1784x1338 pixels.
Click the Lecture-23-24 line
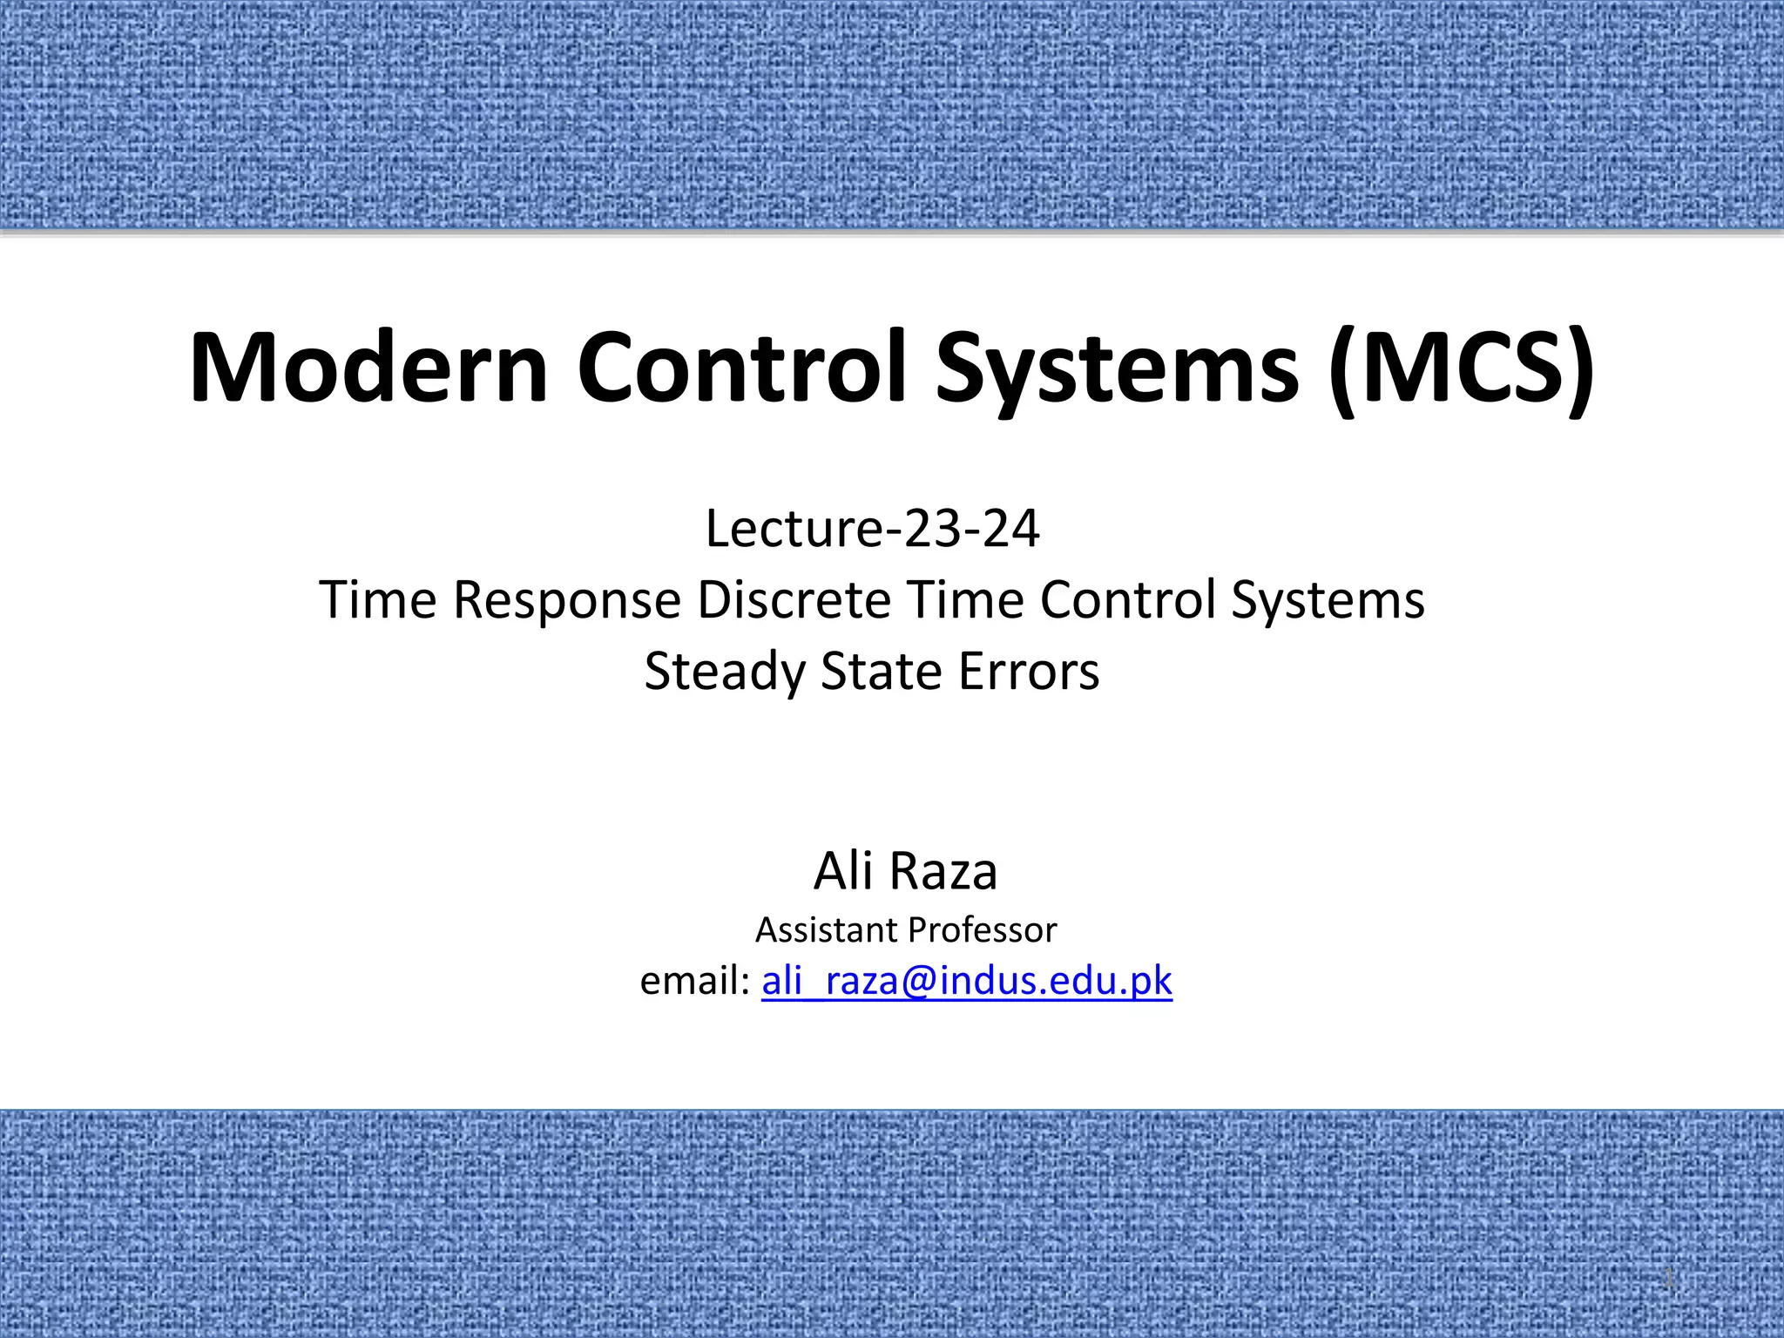coord(872,529)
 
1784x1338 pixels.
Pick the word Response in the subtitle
coord(567,601)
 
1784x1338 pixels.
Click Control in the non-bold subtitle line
coord(1127,600)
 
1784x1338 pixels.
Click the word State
coord(879,672)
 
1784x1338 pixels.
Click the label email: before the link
coord(694,981)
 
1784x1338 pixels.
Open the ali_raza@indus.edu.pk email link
coord(967,982)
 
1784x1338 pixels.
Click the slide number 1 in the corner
coord(1669,1281)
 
